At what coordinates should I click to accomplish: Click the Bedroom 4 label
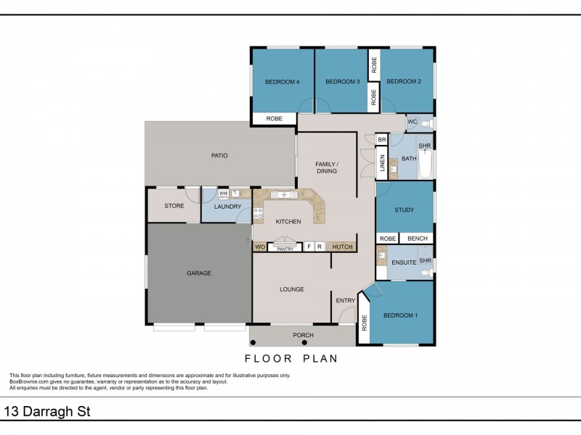click(283, 82)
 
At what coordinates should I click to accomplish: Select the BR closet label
click(381, 139)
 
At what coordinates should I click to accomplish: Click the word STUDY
click(404, 210)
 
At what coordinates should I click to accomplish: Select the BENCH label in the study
click(417, 239)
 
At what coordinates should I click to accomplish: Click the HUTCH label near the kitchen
click(342, 247)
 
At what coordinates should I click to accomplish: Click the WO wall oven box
click(259, 247)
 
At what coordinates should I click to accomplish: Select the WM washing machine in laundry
click(224, 194)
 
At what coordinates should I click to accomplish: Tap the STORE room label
click(174, 206)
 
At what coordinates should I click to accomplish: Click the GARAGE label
click(199, 273)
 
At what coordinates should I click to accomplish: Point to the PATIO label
click(219, 155)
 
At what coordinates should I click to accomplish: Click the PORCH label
click(303, 335)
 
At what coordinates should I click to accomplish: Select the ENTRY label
click(345, 300)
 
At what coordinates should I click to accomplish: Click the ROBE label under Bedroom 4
click(274, 118)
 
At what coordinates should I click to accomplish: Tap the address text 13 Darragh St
click(48, 412)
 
